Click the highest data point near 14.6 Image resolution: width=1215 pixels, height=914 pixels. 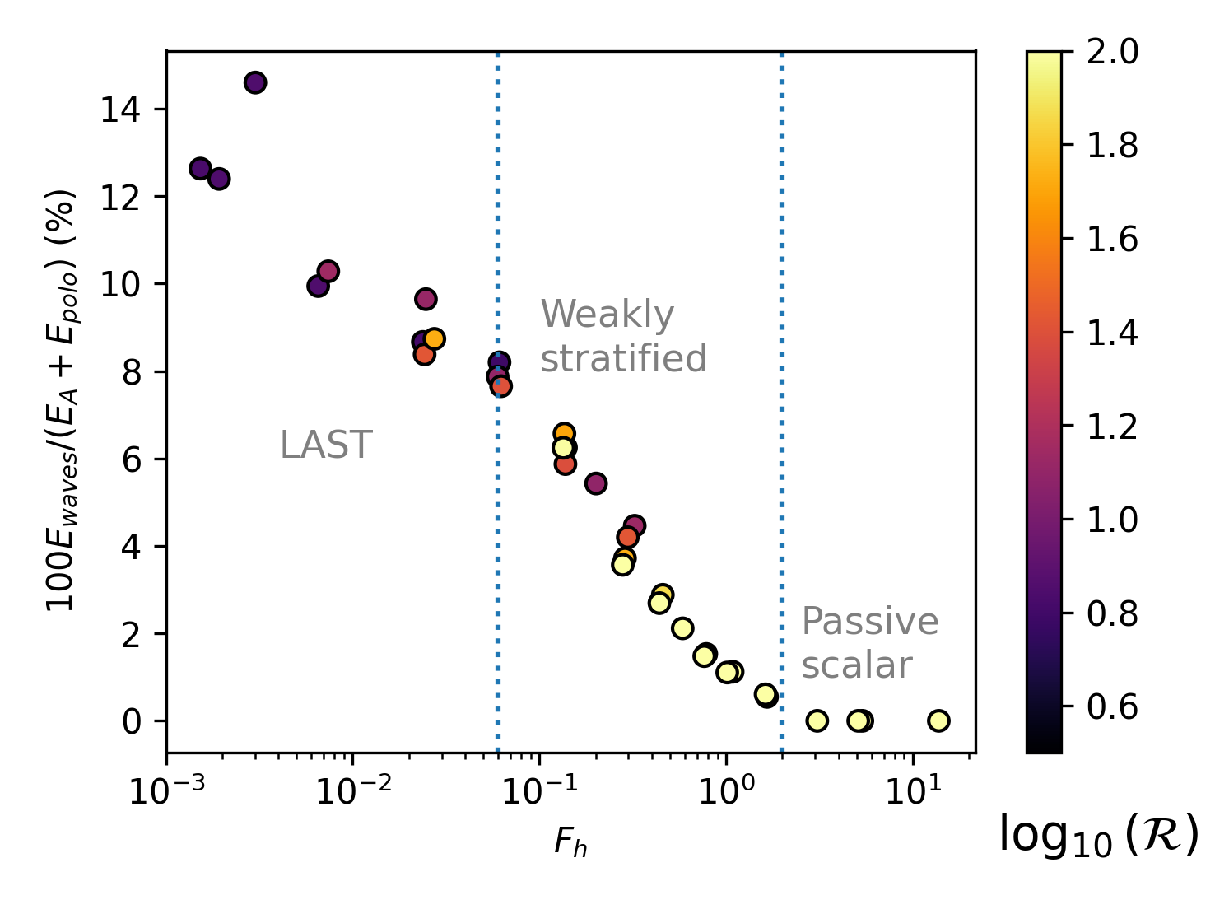(255, 82)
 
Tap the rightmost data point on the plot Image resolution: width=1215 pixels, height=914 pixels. (938, 720)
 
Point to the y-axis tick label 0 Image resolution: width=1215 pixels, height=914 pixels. (133, 722)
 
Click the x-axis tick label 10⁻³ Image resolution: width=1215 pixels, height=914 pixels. (166, 794)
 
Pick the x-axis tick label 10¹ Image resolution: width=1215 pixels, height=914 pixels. (911, 794)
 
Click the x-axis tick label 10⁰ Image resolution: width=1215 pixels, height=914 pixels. (725, 794)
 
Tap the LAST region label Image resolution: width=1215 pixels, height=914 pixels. (326, 445)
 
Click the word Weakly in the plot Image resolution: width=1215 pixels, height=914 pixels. (607, 315)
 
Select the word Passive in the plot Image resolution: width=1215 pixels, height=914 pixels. (870, 622)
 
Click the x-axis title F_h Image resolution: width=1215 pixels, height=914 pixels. (570, 842)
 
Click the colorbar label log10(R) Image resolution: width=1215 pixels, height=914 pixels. (1098, 834)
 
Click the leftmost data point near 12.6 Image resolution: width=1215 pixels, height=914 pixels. (200, 168)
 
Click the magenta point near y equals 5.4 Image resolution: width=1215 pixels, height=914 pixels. (596, 483)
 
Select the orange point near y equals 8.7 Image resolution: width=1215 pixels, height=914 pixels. (435, 338)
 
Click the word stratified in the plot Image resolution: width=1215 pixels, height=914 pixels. (623, 358)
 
